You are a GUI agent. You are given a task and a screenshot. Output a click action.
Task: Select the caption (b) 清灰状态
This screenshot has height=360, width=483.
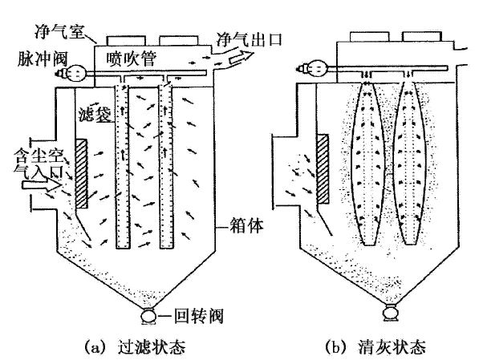tap(371, 347)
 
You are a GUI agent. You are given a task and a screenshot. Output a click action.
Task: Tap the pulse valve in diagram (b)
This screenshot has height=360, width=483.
tap(310, 69)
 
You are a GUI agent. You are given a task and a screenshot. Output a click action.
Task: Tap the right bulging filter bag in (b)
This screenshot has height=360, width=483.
tap(412, 160)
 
